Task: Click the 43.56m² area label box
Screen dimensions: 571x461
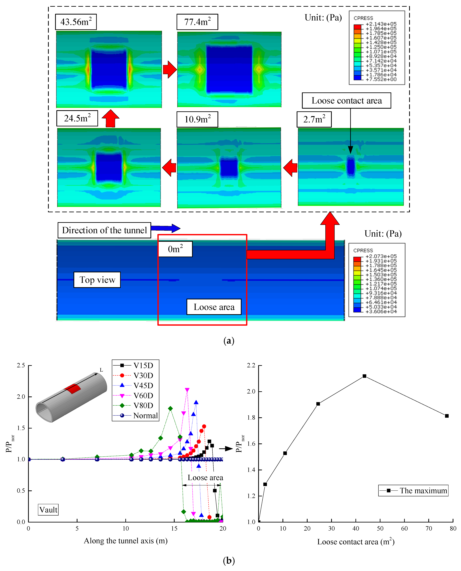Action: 76,22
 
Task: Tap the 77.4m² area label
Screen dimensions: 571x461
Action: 197,22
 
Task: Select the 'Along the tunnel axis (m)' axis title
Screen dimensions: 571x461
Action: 126,541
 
